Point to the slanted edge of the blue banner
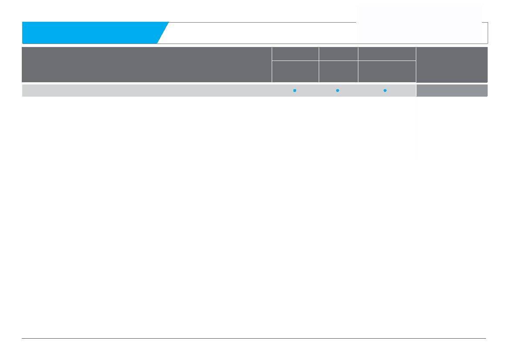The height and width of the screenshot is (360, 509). (x=163, y=33)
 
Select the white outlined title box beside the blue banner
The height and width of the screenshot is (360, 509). (x=261, y=33)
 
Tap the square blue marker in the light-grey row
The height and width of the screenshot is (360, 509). (x=295, y=90)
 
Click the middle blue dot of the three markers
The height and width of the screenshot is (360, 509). (x=337, y=90)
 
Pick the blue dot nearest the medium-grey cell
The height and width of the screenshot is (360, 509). (x=385, y=90)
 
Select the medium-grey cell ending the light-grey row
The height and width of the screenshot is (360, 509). (x=452, y=90)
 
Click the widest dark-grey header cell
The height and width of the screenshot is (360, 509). (x=147, y=64)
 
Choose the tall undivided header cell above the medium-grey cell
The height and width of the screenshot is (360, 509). (x=452, y=64)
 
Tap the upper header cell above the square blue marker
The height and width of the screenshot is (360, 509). (x=295, y=54)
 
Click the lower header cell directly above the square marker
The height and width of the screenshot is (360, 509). (x=295, y=71)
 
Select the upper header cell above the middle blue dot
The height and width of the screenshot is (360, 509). (x=338, y=54)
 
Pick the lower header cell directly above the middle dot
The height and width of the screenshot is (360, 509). (x=338, y=71)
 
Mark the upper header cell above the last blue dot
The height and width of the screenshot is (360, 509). (x=387, y=54)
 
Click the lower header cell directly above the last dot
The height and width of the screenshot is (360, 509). (x=387, y=71)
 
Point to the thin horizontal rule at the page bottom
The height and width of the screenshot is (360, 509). (x=254, y=338)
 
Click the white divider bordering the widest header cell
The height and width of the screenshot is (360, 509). (x=272, y=64)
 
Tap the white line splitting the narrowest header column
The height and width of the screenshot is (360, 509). (x=338, y=61)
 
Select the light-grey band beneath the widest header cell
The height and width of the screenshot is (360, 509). (x=147, y=90)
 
